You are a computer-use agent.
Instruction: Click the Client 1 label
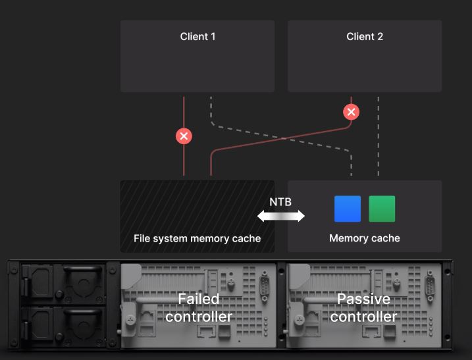click(x=197, y=37)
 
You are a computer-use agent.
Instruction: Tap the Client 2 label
click(x=365, y=37)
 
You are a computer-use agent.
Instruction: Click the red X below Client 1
click(x=184, y=136)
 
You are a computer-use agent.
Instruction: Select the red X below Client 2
click(x=352, y=112)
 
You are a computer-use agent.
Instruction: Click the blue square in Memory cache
click(x=348, y=209)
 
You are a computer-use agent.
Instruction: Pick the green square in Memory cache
click(x=382, y=209)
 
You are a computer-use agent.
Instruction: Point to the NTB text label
click(x=280, y=202)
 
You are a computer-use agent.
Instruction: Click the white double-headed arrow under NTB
click(x=281, y=215)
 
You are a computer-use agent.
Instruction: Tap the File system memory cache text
click(x=197, y=238)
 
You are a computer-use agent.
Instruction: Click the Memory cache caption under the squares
click(x=364, y=238)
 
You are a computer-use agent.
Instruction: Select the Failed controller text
click(x=198, y=308)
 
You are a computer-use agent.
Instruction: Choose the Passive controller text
click(x=363, y=308)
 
